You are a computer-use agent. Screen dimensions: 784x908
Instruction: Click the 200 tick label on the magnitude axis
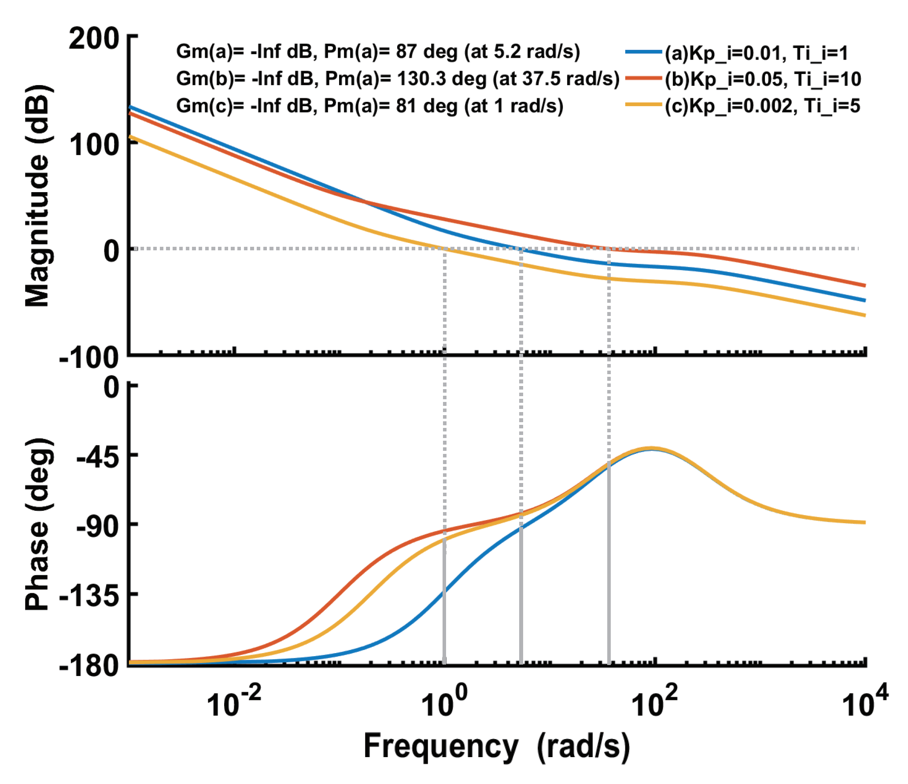[x=94, y=39]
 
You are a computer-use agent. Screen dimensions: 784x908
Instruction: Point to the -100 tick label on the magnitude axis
[x=89, y=357]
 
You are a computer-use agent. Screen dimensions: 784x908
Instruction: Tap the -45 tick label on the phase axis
[x=98, y=458]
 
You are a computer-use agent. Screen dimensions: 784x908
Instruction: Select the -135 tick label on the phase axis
[x=89, y=597]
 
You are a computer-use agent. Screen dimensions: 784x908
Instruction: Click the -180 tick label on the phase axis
[x=89, y=665]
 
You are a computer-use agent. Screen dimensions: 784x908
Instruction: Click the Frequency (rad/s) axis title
[x=496, y=747]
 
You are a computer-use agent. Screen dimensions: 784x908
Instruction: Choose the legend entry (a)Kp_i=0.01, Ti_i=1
[x=756, y=53]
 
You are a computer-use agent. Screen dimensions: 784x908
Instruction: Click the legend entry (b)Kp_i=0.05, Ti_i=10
[x=763, y=79]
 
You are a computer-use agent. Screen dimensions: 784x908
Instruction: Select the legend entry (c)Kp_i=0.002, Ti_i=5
[x=762, y=106]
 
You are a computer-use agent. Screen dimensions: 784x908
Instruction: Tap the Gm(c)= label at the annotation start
[x=210, y=106]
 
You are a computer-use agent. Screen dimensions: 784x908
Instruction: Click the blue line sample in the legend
[x=643, y=52]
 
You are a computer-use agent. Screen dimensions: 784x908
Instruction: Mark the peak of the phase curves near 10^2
[x=652, y=449]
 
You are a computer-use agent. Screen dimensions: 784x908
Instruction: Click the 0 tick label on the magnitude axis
[x=111, y=251]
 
